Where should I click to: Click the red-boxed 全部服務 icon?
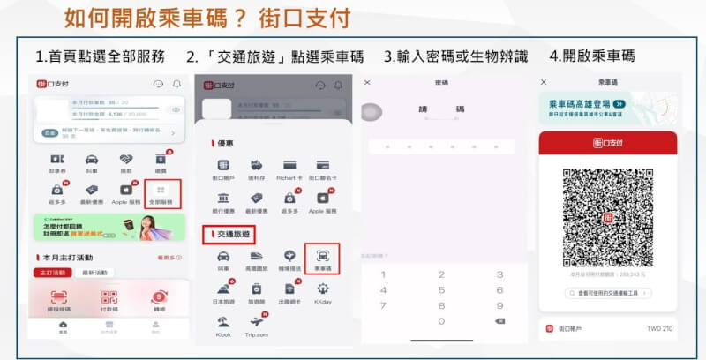point(160,193)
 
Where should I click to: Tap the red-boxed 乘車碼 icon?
point(321,261)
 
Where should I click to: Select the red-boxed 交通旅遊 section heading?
point(229,234)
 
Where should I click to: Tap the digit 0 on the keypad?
point(441,320)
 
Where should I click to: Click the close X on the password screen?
point(368,82)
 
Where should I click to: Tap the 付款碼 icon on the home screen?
point(109,302)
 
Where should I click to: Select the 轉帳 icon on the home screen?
point(159,302)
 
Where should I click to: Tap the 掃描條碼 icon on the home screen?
point(59,302)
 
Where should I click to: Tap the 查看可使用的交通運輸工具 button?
point(607,292)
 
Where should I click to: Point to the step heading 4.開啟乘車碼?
point(591,56)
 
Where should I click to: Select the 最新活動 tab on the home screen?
point(94,273)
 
